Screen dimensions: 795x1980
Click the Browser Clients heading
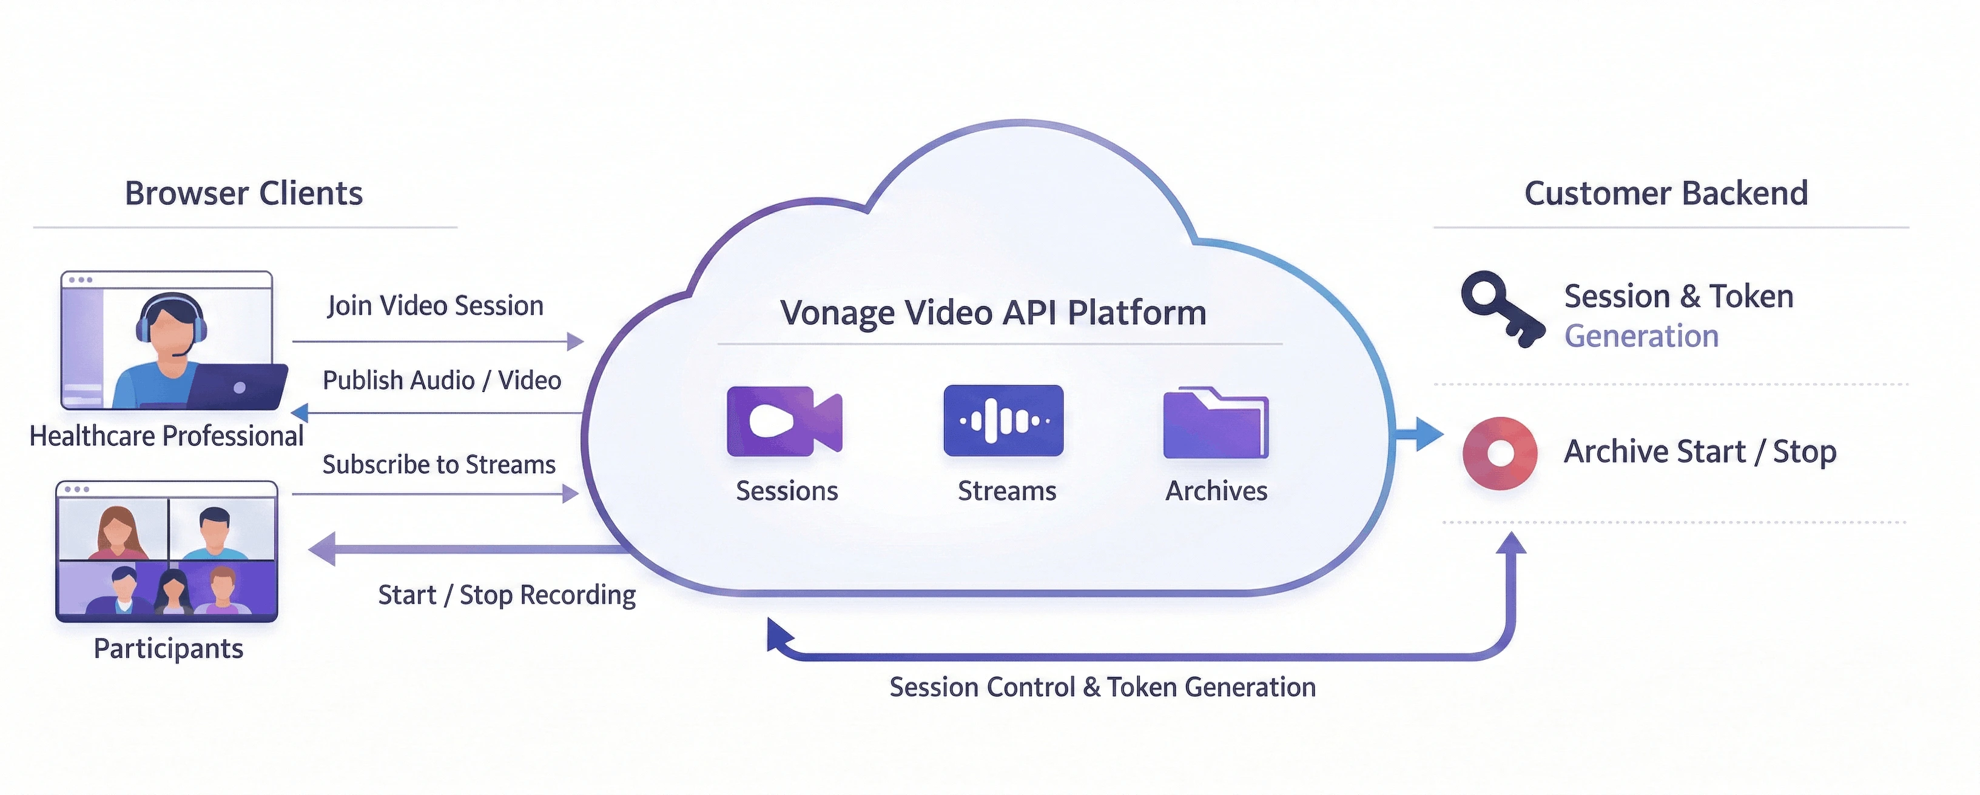tap(244, 193)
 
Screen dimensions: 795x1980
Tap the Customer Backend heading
tap(1666, 193)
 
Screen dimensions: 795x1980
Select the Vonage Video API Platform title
tap(993, 313)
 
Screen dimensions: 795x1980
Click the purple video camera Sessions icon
tap(784, 421)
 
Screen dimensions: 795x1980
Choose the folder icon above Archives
tap(1215, 423)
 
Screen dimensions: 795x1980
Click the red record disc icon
tap(1500, 453)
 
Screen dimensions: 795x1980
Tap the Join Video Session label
tap(435, 306)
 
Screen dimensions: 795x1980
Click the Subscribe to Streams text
tap(439, 465)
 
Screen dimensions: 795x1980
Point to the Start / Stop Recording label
tap(507, 594)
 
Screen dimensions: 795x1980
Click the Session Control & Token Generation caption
tap(1102, 687)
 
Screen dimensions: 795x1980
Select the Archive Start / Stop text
tap(1700, 451)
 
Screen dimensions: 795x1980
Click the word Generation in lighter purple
tap(1641, 336)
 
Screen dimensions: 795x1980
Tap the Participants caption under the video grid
tap(168, 649)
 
